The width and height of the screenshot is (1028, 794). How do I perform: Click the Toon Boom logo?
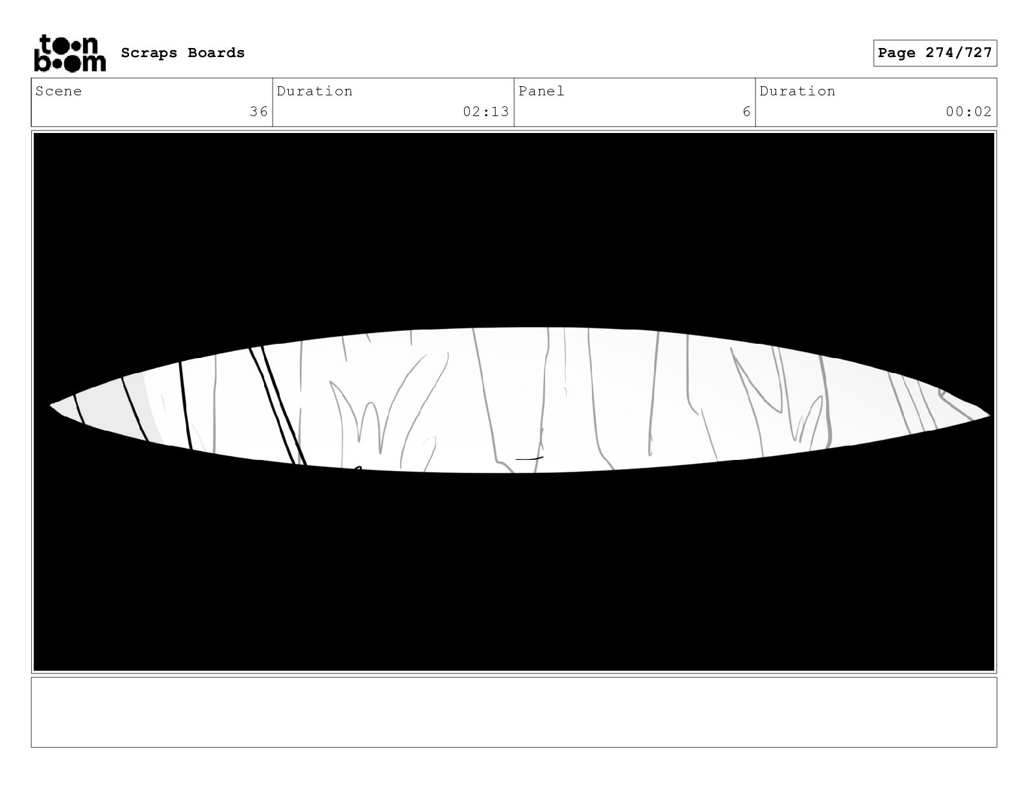click(70, 53)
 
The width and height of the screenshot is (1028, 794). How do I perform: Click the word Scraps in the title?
click(149, 53)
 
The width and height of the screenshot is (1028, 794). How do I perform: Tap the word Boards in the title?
click(216, 53)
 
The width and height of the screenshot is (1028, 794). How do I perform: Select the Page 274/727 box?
click(935, 53)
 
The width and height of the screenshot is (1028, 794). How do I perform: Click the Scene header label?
click(58, 91)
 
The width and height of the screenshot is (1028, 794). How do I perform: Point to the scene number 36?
click(259, 112)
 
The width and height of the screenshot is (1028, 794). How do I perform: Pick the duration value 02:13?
click(486, 112)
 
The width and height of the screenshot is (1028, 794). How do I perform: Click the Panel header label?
click(541, 91)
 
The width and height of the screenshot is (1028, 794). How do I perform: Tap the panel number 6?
click(746, 112)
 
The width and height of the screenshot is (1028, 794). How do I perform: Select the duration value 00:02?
click(968, 112)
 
